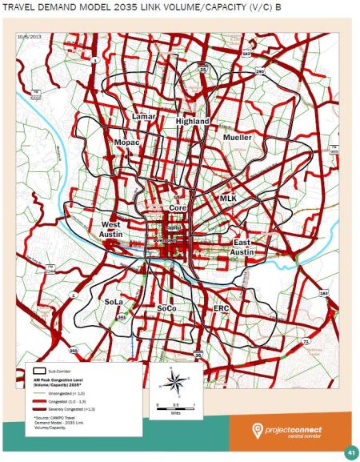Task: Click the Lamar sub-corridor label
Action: point(143,117)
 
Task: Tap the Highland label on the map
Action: point(192,122)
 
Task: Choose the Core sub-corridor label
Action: point(177,207)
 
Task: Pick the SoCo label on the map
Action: point(166,308)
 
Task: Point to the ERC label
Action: point(222,308)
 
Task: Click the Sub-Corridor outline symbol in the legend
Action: point(37,372)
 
